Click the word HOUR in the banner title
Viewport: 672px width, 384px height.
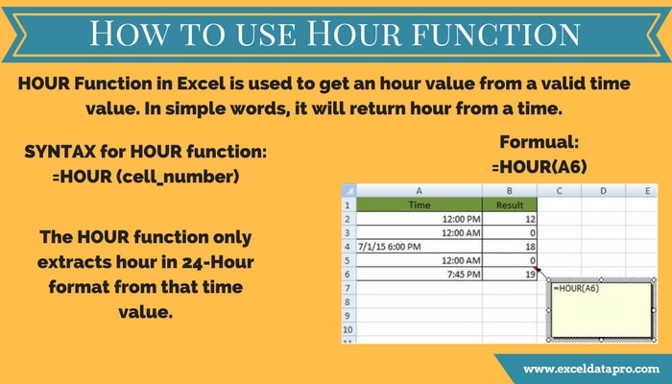coord(353,33)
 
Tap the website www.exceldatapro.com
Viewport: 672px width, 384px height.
coord(591,369)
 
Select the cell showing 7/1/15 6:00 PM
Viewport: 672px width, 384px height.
coord(420,247)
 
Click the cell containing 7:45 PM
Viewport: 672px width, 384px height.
coord(420,274)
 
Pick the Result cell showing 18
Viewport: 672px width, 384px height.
coord(510,247)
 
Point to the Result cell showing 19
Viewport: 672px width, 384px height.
coord(510,274)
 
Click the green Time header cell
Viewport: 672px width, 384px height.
coord(420,204)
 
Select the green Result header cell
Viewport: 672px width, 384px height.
coord(510,204)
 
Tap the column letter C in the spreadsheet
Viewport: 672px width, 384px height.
coord(559,191)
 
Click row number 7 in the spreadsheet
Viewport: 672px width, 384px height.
coord(348,288)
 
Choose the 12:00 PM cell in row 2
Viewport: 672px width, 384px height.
coord(420,219)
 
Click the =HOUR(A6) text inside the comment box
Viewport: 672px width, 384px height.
coord(576,288)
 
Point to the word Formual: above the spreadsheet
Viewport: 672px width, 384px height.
coord(540,142)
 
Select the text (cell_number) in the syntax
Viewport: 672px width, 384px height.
coord(178,177)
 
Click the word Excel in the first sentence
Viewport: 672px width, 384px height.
coord(201,84)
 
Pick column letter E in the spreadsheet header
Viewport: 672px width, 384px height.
coord(647,191)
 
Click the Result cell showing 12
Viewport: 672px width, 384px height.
coord(510,219)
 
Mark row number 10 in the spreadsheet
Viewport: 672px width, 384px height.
coord(348,329)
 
